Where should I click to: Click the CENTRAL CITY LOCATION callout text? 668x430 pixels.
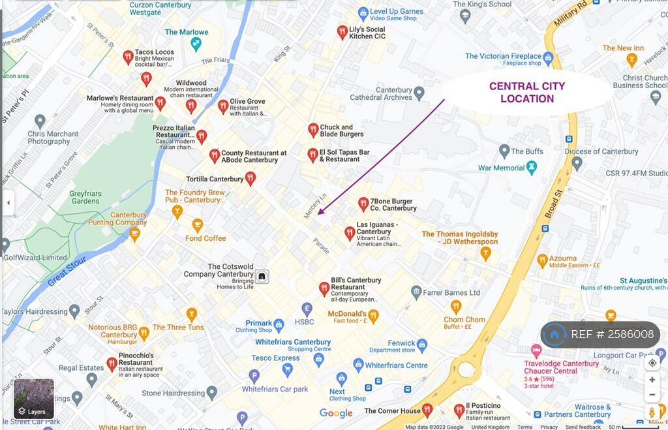[x=527, y=92]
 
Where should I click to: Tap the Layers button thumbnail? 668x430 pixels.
[x=34, y=399]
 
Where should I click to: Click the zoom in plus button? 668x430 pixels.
[x=652, y=379]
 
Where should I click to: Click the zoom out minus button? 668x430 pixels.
[x=652, y=395]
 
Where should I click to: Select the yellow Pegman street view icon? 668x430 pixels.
[x=652, y=412]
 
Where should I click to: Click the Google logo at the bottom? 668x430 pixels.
[x=336, y=413]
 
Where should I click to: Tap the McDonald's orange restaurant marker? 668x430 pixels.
[x=373, y=316]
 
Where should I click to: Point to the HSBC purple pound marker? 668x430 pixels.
[x=307, y=309]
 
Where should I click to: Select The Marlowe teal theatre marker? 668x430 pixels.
[x=196, y=43]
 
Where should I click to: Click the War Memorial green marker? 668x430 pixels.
[x=532, y=167]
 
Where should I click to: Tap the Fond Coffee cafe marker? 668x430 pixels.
[x=197, y=225]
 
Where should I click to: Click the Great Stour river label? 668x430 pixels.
[x=67, y=270]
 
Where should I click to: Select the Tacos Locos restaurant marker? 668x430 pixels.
[x=129, y=56]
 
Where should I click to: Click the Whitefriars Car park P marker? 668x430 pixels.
[x=254, y=375]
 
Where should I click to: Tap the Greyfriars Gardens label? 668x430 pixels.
[x=85, y=197]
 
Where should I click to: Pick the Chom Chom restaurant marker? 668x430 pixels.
[x=456, y=305]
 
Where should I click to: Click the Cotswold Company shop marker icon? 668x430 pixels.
[x=262, y=276]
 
